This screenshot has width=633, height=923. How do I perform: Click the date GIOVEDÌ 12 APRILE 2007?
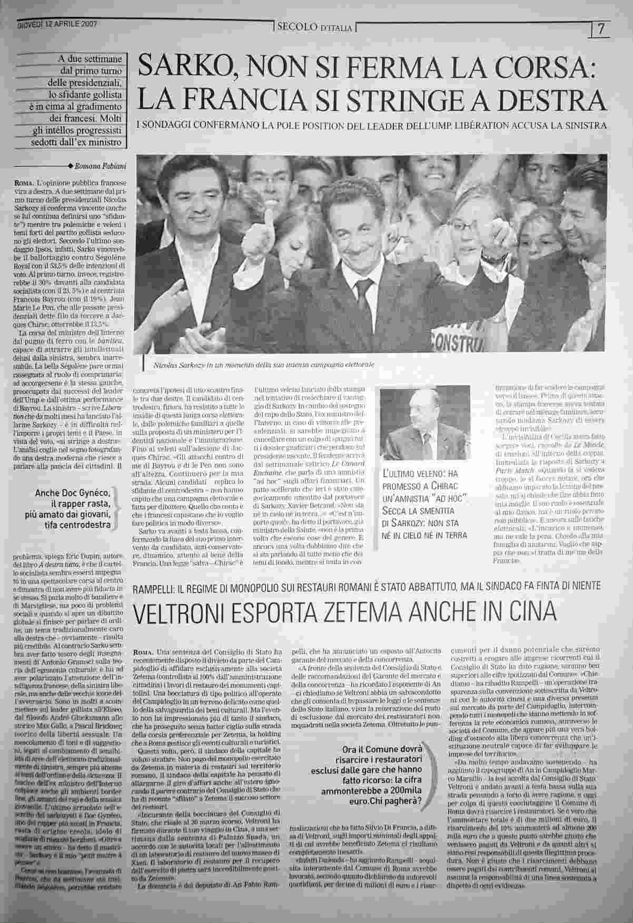pyautogui.click(x=61, y=24)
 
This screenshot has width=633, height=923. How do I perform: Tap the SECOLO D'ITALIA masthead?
pyautogui.click(x=314, y=27)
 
